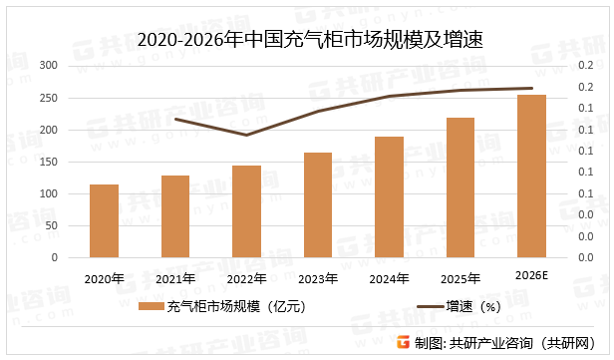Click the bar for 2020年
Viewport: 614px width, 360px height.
click(x=104, y=220)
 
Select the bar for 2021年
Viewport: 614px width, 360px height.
click(x=175, y=216)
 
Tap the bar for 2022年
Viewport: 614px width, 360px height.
click(x=247, y=211)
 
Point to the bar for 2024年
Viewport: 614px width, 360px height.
click(x=389, y=196)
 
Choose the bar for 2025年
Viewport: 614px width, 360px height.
click(x=460, y=187)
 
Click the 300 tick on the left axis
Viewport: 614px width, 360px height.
click(x=48, y=66)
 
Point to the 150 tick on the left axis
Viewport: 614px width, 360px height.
click(x=48, y=162)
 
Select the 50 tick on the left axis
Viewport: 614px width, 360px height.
click(x=51, y=225)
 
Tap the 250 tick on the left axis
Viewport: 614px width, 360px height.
click(x=48, y=98)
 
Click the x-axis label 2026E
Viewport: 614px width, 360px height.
click(x=531, y=274)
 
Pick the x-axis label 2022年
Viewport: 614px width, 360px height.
click(x=247, y=278)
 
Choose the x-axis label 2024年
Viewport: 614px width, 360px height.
click(x=389, y=278)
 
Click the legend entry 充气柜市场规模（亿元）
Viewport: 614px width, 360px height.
click(x=225, y=308)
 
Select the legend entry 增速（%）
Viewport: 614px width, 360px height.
click(x=459, y=308)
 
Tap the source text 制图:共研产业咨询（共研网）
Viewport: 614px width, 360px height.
click(x=508, y=343)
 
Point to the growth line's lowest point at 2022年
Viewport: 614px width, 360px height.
click(x=247, y=135)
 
